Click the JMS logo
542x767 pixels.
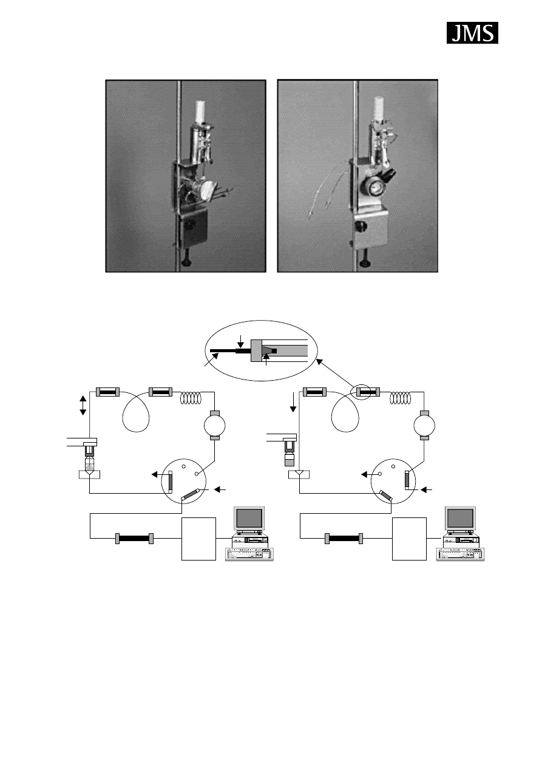(472, 33)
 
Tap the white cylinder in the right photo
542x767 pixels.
(379, 109)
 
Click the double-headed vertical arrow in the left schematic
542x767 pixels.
(83, 406)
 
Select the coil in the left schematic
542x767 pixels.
(191, 398)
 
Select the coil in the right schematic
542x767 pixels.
(401, 398)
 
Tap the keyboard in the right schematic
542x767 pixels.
(460, 554)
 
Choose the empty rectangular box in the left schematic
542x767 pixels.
(198, 539)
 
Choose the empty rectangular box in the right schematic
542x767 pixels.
(409, 539)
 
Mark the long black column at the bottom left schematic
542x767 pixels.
(134, 539)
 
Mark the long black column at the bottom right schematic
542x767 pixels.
(344, 539)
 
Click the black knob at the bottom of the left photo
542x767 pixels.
(186, 262)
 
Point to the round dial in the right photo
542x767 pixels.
(372, 188)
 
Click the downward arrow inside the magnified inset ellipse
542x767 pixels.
(241, 341)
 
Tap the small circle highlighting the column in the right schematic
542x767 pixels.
(362, 392)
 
